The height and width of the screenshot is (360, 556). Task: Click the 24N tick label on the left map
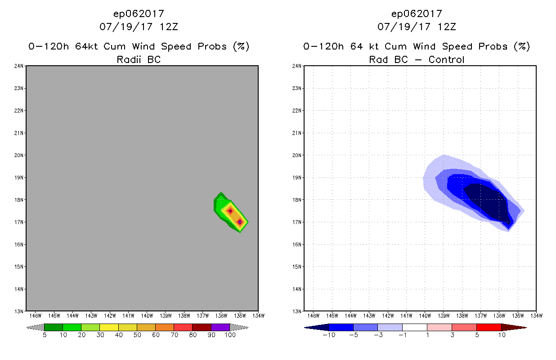coord(20,66)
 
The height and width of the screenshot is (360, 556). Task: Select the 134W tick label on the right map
coord(536,315)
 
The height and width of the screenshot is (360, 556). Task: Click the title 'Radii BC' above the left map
coord(139,59)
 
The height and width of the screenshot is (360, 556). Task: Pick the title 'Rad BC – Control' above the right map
coord(417,59)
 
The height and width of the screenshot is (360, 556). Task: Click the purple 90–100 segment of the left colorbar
coord(220,327)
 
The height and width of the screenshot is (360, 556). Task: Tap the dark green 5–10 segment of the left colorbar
coord(54,327)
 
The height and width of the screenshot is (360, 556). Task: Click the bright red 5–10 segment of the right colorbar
coord(489,327)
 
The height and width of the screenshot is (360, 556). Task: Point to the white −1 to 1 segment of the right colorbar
coord(414,327)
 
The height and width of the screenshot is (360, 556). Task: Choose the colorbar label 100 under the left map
coord(230,335)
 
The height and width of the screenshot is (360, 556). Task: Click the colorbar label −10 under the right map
coord(329,335)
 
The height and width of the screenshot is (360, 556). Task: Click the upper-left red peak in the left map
coord(230,211)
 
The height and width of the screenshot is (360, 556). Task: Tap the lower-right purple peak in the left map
coord(240,222)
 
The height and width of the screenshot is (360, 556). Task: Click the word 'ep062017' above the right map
coord(417,14)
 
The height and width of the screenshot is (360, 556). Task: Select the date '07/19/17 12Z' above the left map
coord(139,27)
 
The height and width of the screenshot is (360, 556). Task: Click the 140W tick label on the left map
coord(147,315)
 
